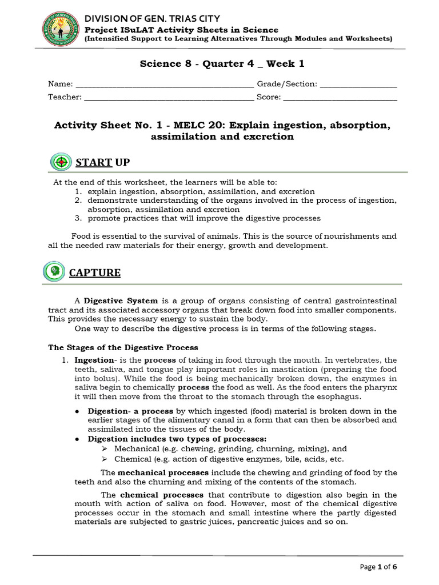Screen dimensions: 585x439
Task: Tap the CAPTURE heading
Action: click(x=95, y=273)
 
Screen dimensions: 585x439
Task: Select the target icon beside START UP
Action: click(x=60, y=162)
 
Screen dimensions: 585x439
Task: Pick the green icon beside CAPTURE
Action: click(x=53, y=271)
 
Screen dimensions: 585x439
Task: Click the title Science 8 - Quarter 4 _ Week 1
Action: click(x=218, y=63)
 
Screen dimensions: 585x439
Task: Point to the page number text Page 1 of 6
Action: click(x=379, y=567)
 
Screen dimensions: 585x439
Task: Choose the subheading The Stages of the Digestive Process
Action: click(x=123, y=347)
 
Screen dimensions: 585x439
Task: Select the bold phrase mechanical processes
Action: click(x=164, y=472)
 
